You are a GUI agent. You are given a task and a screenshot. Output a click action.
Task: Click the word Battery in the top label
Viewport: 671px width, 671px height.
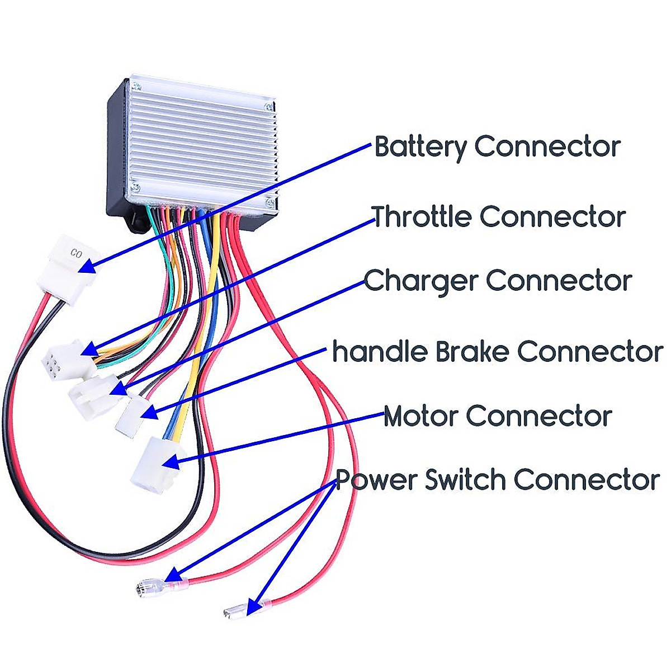(x=420, y=147)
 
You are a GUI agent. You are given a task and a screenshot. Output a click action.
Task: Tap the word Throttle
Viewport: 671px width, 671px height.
(x=422, y=217)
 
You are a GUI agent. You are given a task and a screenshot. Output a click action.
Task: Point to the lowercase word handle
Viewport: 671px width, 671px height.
(x=380, y=352)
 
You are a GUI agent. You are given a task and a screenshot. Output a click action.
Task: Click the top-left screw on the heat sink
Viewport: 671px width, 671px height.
(x=136, y=86)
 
